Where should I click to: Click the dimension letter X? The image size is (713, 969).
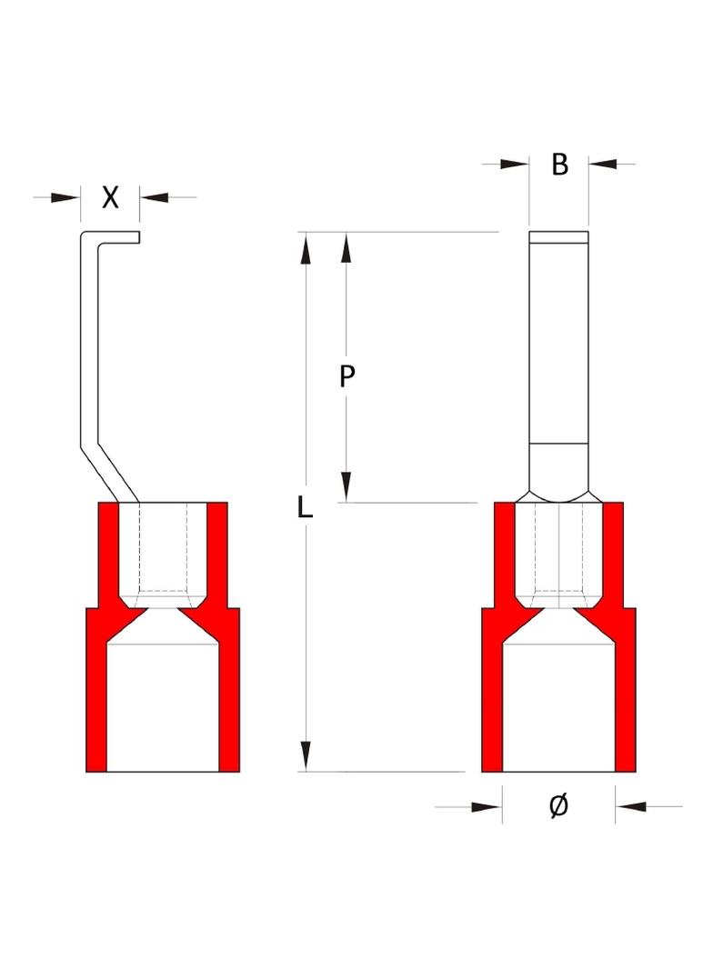pos(110,197)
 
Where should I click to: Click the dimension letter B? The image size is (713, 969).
pos(559,165)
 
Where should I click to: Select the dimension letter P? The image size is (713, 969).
pos(346,375)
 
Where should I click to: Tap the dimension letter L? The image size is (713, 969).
pos(305,507)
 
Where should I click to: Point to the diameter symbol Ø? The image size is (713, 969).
pos(558,806)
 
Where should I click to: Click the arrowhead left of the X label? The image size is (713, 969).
pos(65,198)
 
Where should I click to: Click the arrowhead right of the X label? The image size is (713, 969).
pos(154,198)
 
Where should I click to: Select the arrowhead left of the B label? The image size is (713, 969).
pos(515,164)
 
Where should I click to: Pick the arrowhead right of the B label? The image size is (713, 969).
pos(603,164)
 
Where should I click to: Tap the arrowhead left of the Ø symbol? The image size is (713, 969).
pos(487,806)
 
